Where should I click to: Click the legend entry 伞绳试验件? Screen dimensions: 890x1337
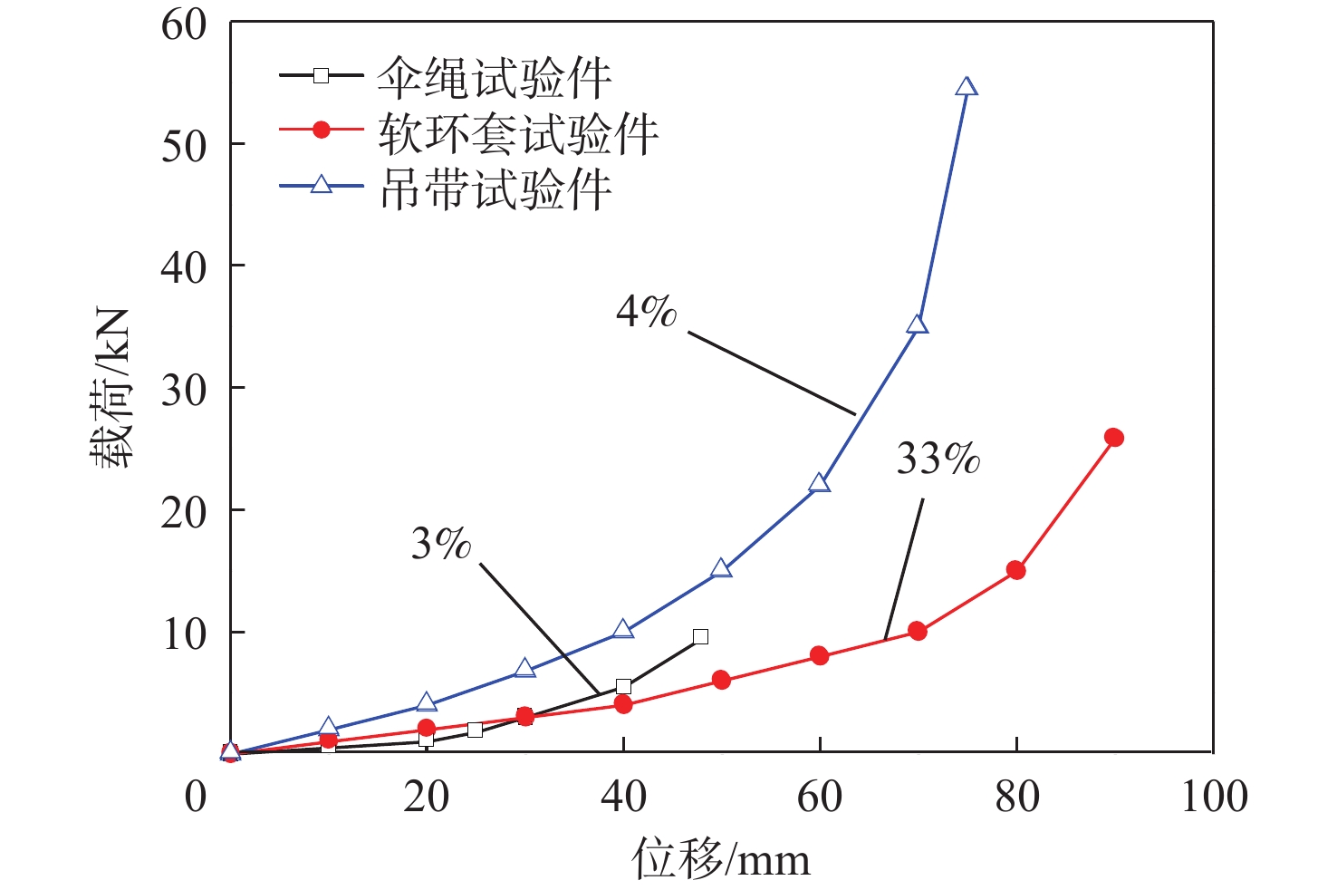tap(495, 78)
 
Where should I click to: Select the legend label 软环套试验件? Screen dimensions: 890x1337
tap(518, 133)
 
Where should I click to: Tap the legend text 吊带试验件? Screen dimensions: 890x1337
tap(495, 189)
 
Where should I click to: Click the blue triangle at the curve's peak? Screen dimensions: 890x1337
tap(967, 87)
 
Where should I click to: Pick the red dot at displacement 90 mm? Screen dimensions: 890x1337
tap(1114, 438)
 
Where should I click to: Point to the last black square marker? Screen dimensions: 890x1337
tap(700, 636)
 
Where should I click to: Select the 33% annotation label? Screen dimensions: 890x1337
tap(938, 460)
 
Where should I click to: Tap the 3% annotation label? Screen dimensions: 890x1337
tap(441, 544)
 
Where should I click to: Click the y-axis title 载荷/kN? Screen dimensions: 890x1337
tap(111, 388)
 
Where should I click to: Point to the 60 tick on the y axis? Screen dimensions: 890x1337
tap(185, 25)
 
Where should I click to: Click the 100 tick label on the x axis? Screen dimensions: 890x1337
tap(1214, 798)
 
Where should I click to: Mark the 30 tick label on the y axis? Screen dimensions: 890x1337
tap(185, 390)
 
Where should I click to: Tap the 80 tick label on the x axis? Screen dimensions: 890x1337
tap(1016, 798)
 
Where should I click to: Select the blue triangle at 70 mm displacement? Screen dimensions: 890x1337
tap(917, 324)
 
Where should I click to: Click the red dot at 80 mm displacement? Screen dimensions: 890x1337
tap(1016, 570)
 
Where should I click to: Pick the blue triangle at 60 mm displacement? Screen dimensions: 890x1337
tap(819, 483)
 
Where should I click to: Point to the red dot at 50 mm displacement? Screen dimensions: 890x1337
tap(721, 680)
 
